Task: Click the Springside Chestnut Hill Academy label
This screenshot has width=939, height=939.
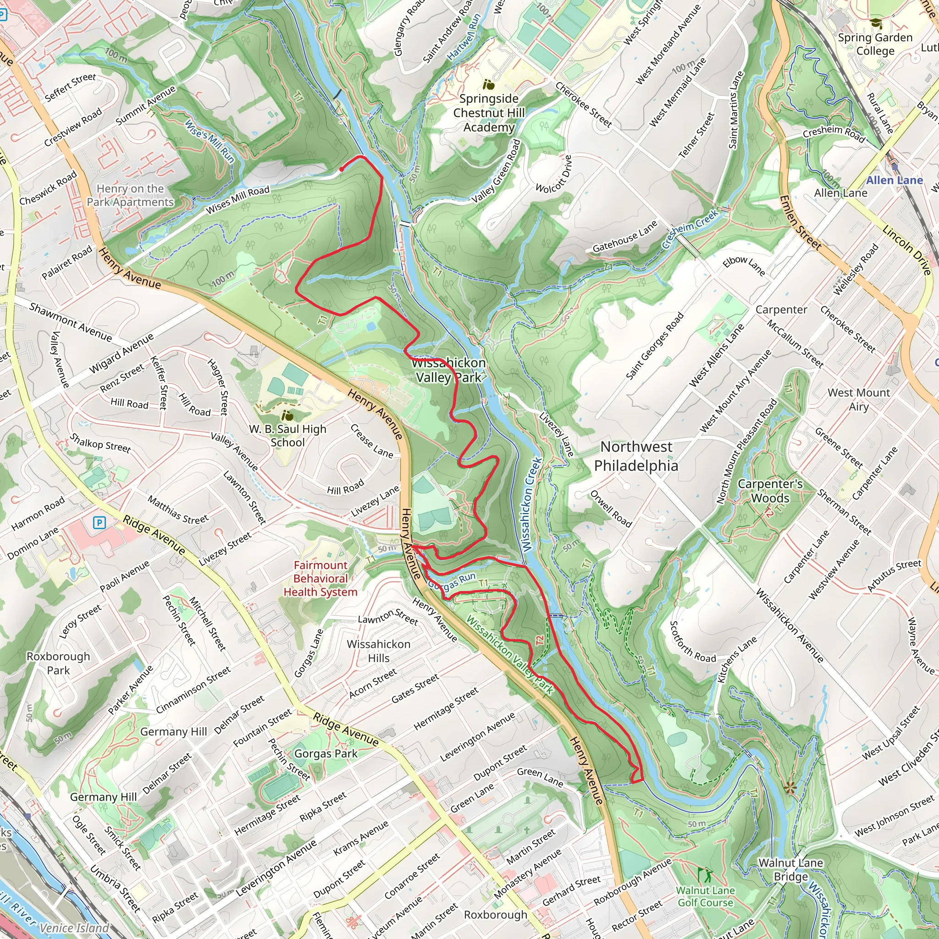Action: [488, 113]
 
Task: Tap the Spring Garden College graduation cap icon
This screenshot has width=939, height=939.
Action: [876, 23]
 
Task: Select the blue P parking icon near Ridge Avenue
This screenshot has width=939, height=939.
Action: [99, 523]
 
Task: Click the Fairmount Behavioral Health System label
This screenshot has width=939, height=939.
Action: [321, 578]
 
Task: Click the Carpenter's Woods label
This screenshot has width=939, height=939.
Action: [770, 491]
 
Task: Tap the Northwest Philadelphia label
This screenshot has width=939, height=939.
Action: [636, 456]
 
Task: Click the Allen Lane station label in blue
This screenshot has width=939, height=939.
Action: [894, 180]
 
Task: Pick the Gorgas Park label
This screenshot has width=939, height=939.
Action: [326, 754]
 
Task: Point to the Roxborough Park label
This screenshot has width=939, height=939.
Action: [58, 663]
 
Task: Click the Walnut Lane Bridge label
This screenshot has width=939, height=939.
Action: [790, 869]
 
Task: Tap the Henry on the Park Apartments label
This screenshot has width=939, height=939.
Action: [130, 195]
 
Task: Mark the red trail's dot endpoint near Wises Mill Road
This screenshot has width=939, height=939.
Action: [342, 169]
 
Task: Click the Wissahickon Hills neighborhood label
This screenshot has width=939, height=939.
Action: [379, 651]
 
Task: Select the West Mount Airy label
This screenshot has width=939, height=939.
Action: [858, 399]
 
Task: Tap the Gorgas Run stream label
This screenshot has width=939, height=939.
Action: [452, 581]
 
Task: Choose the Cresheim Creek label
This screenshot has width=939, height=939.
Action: [690, 228]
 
